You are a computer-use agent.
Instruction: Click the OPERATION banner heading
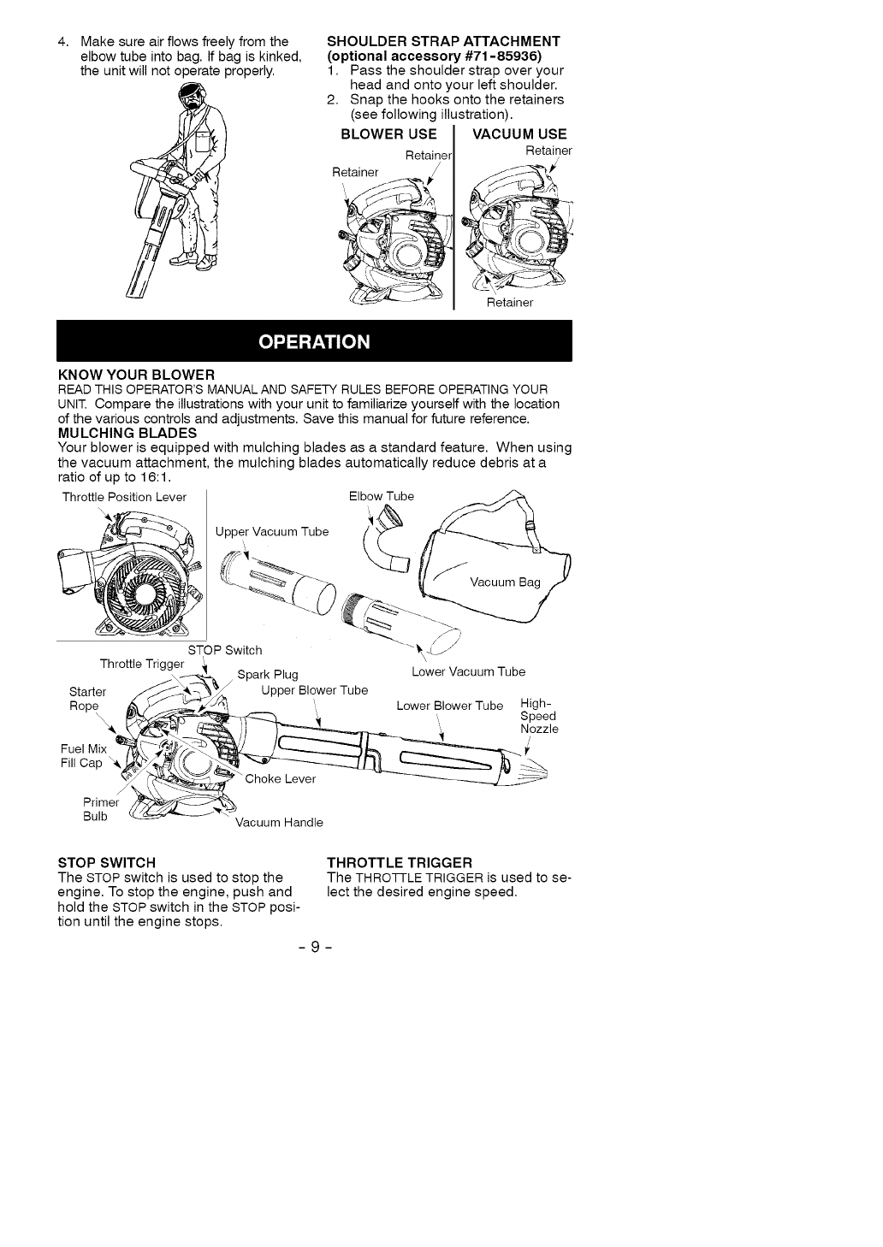point(314,342)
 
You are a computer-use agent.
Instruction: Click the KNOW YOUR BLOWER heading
point(135,375)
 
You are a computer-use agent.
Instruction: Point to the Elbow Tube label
point(381,496)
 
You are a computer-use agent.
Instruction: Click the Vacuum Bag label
point(505,582)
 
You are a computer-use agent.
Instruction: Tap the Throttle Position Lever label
point(124,497)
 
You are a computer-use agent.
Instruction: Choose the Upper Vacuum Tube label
point(272,532)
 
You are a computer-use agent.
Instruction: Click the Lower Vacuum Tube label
point(468,671)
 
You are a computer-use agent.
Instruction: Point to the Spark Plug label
point(267,674)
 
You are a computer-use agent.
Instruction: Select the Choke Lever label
point(280,778)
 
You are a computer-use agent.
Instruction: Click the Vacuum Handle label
point(279,823)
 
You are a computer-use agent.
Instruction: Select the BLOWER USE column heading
point(388,133)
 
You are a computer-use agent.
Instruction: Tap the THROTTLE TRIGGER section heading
point(400,861)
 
